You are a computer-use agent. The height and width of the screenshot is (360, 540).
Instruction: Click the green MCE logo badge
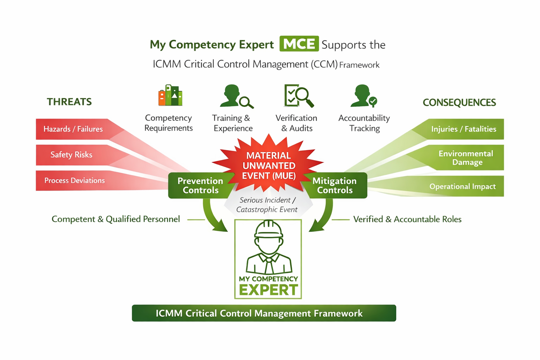click(299, 44)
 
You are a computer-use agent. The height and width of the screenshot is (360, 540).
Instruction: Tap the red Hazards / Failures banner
click(73, 129)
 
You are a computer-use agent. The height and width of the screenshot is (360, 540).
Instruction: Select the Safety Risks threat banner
click(71, 155)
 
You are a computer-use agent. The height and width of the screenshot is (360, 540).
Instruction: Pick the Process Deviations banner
click(75, 180)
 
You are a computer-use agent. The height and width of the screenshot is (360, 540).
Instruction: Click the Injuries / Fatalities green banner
click(463, 129)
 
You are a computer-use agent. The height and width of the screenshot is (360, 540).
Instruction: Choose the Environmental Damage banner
click(465, 158)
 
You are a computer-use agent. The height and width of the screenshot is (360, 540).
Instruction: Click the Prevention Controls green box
click(200, 185)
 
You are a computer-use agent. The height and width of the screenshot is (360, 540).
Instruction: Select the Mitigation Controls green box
click(334, 185)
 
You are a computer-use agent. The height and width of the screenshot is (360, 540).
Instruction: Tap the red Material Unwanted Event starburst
click(269, 164)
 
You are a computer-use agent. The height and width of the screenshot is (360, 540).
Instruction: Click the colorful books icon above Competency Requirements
click(170, 95)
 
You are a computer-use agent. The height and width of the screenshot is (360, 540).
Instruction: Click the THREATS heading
click(69, 102)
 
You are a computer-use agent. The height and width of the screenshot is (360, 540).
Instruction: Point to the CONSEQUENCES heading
click(459, 103)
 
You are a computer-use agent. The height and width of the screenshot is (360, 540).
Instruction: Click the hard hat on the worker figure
click(269, 229)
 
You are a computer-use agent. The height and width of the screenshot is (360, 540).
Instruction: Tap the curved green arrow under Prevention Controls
click(213, 218)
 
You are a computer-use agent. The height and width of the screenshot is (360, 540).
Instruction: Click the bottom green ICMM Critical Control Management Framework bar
click(264, 313)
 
